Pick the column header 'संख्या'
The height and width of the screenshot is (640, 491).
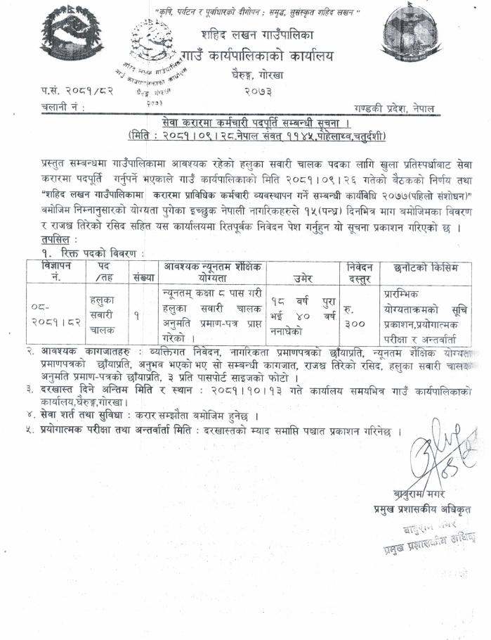(x=143, y=276)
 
